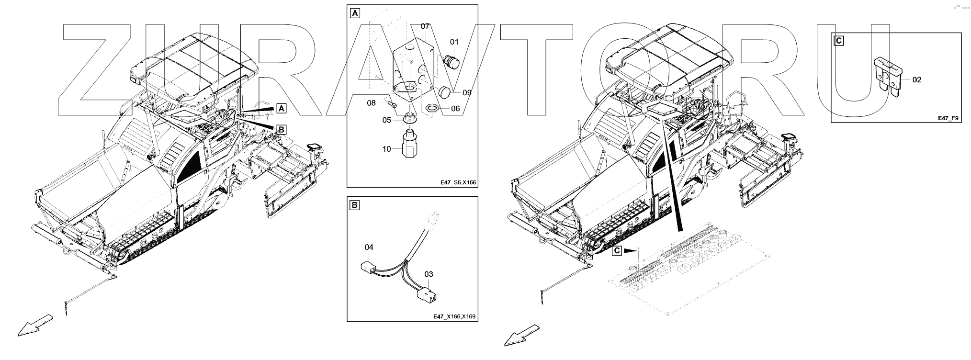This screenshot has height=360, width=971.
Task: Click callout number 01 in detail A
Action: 454,42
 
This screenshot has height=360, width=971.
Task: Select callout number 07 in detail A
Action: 426,26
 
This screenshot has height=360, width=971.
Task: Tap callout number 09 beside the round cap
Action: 467,92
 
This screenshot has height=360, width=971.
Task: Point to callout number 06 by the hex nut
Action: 455,109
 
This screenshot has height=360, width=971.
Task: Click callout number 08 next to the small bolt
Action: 371,103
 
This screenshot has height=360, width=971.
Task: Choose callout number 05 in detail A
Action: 386,120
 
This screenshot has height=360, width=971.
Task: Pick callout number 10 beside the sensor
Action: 386,149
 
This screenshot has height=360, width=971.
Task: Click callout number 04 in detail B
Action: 369,247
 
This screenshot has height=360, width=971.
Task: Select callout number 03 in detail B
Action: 429,274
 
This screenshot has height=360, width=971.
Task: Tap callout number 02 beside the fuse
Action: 916,80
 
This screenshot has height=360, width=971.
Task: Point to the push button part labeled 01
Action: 450,61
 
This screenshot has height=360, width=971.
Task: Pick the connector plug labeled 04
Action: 368,267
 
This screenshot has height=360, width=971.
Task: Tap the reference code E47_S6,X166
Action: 458,182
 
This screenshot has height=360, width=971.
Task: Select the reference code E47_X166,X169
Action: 454,316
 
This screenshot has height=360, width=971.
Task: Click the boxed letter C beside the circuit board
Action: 617,250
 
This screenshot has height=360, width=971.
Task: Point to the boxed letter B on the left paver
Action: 282,129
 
